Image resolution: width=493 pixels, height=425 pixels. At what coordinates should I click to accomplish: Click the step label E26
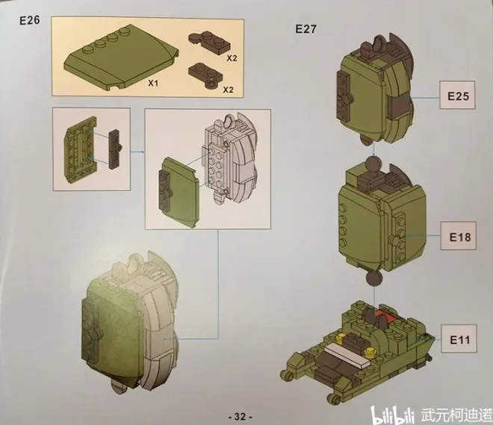[30, 20]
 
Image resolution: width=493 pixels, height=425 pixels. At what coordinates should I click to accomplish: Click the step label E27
[306, 29]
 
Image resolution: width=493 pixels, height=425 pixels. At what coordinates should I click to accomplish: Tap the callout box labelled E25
[457, 96]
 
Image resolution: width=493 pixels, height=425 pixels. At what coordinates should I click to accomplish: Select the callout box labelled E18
[458, 236]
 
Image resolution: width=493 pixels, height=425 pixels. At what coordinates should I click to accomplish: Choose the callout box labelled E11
[459, 339]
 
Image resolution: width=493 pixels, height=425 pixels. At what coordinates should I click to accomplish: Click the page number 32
[240, 417]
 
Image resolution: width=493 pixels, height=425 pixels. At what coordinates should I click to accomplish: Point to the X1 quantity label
[153, 83]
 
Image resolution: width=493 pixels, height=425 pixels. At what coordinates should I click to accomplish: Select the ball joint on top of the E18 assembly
[373, 166]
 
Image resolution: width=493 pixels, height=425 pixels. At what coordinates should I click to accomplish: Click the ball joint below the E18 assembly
[373, 279]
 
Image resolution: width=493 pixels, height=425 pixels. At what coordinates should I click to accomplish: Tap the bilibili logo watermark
[394, 415]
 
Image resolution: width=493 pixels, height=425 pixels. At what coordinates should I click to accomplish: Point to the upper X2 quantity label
[232, 58]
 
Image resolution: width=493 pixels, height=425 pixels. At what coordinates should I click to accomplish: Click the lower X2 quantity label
[229, 90]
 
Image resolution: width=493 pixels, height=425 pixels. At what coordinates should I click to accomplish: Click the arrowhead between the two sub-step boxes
[143, 152]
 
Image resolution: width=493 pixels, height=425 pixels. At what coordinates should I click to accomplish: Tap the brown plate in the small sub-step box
[115, 149]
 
